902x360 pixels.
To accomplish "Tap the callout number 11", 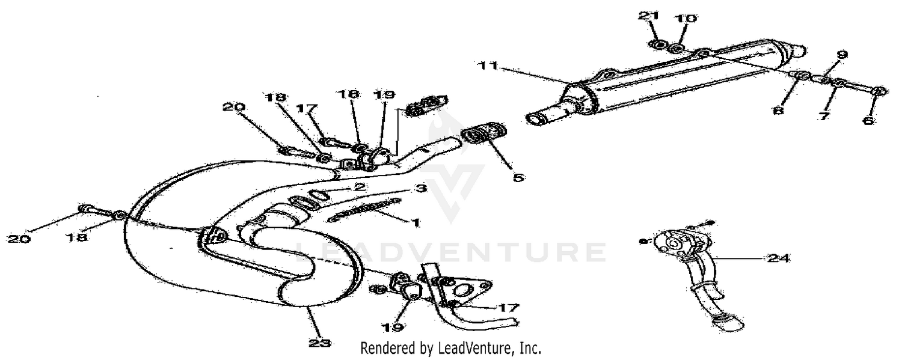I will click(x=489, y=66).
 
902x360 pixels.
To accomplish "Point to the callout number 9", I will click(x=841, y=55).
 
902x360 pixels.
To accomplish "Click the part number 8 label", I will click(x=779, y=112).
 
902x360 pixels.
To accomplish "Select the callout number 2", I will click(x=360, y=188).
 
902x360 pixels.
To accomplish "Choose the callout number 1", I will click(x=414, y=222).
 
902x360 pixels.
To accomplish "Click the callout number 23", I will click(x=319, y=343).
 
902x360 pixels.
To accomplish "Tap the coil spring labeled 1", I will click(x=361, y=210).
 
